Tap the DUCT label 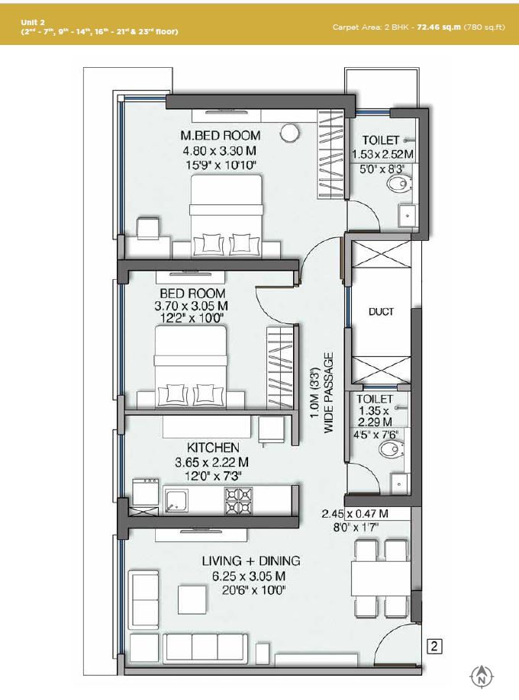coord(381,312)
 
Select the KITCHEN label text coord(214,448)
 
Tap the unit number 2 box coord(434,647)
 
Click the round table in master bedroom coord(289,133)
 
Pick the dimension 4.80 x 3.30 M coord(218,151)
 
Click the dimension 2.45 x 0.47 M coord(365,513)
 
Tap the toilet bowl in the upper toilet coord(398,184)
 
